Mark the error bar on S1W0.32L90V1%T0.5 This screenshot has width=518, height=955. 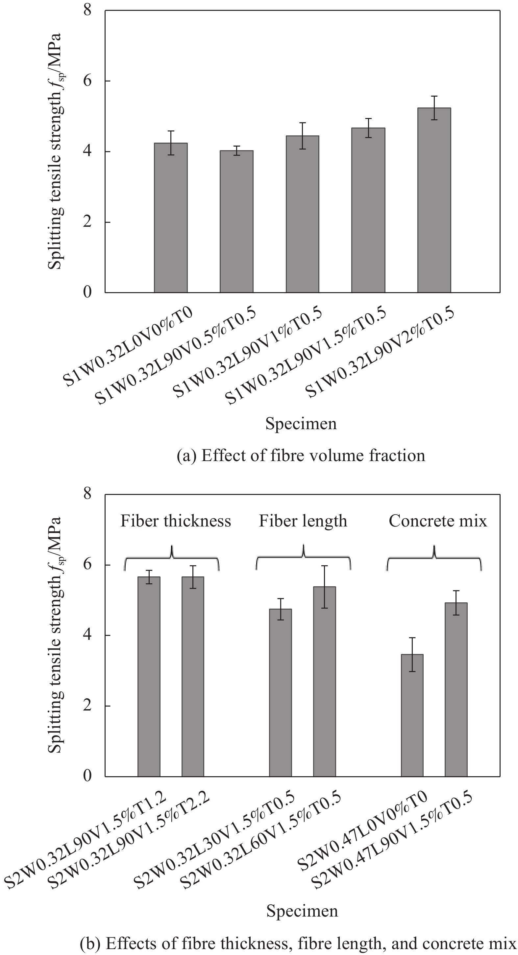303,136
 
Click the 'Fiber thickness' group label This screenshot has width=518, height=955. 176,521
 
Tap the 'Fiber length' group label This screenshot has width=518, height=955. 303,521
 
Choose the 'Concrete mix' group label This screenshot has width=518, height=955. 437,521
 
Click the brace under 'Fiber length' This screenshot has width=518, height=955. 303,556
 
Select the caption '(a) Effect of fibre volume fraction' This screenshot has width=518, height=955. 301,455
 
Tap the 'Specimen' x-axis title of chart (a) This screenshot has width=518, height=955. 301,424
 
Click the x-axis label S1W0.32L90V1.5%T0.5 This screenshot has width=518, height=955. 306,356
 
